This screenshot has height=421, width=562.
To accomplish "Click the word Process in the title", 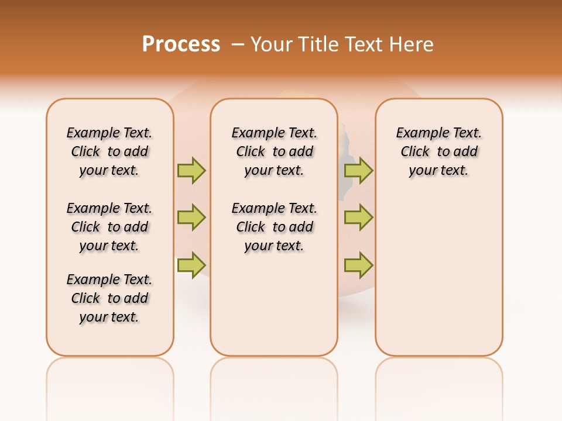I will (181, 44).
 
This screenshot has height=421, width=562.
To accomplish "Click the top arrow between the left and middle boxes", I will (191, 170).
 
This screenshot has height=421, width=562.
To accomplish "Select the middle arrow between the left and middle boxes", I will (191, 218).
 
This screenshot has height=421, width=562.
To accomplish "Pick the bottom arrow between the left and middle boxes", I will (191, 264).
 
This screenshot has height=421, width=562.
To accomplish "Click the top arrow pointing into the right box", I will (358, 170).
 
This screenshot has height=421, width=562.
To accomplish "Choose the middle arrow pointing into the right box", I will (358, 218).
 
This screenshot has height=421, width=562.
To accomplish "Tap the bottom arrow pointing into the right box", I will (358, 264).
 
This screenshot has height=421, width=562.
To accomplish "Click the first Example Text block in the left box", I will (109, 151).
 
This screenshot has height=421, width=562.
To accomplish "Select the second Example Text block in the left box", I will (109, 227).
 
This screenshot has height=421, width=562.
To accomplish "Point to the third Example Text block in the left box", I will (109, 298).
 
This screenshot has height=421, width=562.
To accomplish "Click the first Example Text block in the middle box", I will (275, 151).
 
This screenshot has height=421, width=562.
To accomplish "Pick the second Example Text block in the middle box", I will (275, 227).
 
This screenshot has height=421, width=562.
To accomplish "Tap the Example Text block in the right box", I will (439, 151).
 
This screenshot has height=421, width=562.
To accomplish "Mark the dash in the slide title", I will (238, 44).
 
